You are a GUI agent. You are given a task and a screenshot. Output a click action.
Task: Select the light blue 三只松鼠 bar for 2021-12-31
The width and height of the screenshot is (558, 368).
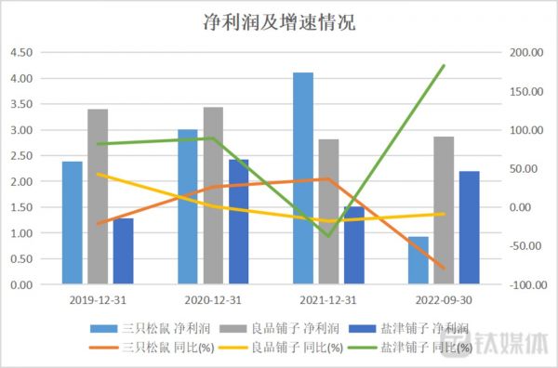click(303, 177)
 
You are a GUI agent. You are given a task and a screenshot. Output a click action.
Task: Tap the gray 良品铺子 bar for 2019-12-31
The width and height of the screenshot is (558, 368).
click(98, 196)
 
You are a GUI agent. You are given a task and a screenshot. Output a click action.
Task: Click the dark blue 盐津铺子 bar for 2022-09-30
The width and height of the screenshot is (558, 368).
click(469, 228)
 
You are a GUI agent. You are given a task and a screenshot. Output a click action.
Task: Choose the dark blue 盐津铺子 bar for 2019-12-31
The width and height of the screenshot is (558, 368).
click(123, 251)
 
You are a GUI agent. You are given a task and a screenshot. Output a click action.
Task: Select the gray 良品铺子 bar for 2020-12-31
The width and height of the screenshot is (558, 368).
click(213, 195)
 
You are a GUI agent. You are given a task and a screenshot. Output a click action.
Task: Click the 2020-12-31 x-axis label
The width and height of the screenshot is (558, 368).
click(213, 300)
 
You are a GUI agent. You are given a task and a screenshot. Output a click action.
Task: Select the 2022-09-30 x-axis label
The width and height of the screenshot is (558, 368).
click(444, 300)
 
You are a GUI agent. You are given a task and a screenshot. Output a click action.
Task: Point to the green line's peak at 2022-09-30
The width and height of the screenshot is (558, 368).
click(445, 66)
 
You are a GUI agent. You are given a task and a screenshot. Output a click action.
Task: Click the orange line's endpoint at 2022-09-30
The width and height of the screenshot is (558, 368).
click(445, 269)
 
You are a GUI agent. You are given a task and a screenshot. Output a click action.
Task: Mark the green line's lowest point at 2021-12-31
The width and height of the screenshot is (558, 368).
click(328, 236)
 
